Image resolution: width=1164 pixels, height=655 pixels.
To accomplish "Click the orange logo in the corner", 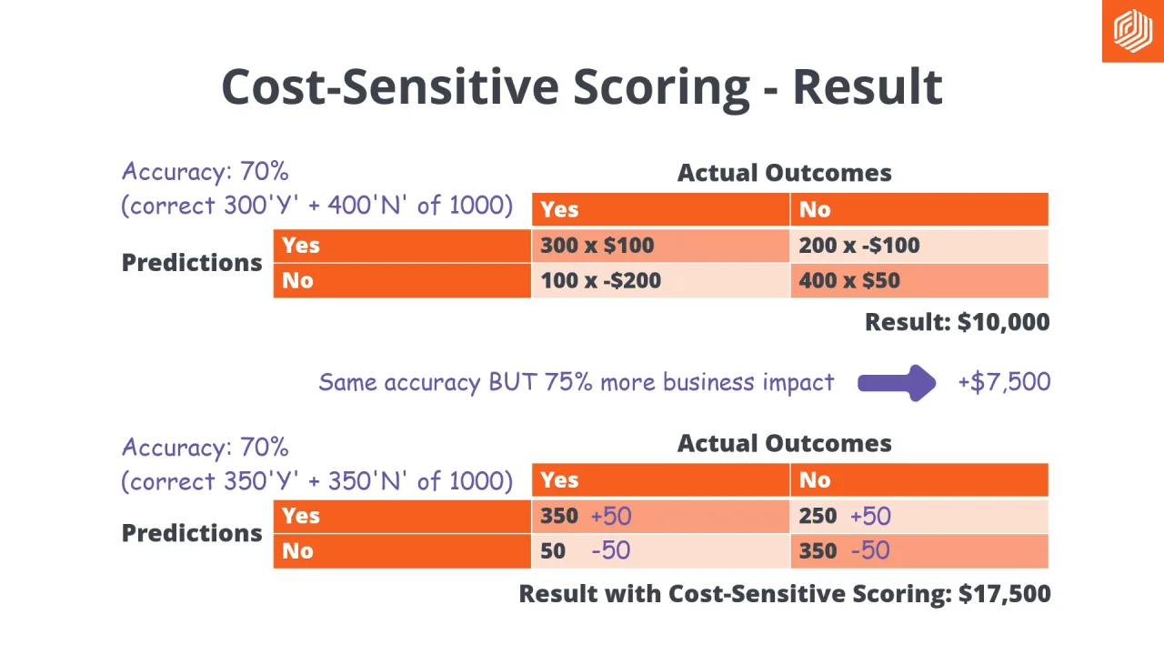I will pos(1132,31).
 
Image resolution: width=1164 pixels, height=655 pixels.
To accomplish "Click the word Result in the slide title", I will pos(867,86).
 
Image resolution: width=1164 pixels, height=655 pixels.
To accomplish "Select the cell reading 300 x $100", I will pos(597,246).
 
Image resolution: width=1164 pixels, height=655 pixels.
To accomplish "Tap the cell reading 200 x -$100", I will pos(858,246).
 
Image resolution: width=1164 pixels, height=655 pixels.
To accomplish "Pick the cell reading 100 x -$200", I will pos(600,280).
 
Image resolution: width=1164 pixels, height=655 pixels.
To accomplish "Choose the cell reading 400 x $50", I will pos(848,280).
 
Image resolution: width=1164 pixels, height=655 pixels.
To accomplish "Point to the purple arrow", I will pos(897,383).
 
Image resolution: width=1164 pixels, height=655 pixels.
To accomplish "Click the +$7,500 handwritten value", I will pos(1004,382).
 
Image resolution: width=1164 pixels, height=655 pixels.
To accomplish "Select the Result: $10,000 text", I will pos(957,322).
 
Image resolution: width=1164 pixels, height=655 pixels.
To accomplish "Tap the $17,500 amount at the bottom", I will pos(1005,594).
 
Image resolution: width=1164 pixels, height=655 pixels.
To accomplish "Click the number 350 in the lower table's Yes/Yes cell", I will pos(558,516).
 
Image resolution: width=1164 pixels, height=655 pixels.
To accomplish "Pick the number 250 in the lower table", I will pos(818,516).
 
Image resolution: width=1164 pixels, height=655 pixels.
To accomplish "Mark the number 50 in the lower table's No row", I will pos(552,550).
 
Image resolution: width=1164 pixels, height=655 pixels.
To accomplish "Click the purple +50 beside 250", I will pos(870,517).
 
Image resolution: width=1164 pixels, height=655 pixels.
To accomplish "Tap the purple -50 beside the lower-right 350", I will pos(870,550).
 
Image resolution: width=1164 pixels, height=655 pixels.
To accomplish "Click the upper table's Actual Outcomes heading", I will pos(784,173).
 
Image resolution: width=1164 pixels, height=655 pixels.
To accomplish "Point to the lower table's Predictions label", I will pos(192,533).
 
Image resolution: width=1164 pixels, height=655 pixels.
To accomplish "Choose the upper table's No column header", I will pos(815,210).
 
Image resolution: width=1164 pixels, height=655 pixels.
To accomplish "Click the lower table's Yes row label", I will pos(301,516).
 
